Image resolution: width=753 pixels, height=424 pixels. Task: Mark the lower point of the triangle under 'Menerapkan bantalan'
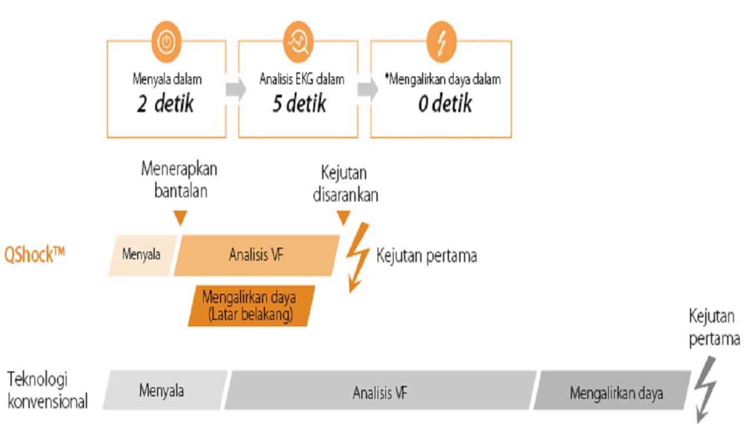point(181,225)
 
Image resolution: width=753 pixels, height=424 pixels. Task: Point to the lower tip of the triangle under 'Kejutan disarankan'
point(344,225)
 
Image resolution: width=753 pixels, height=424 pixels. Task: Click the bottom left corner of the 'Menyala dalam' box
point(107,138)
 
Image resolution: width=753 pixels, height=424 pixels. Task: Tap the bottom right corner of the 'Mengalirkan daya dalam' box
point(511,138)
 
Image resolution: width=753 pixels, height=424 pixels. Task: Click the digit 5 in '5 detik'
point(277,103)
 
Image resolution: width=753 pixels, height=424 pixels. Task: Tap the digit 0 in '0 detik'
point(423,104)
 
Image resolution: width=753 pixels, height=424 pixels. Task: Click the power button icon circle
point(166,42)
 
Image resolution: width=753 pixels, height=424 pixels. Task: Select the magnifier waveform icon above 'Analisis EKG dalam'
point(298,42)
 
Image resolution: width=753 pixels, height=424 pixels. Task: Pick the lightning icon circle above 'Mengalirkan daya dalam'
point(441,42)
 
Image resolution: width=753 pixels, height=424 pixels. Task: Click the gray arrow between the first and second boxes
point(236,89)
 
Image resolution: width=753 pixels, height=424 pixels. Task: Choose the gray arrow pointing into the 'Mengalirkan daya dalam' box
point(368,89)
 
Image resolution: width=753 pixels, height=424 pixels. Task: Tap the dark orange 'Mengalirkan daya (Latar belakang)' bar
point(251,306)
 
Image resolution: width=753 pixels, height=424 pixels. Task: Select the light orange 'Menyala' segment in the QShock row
point(142,256)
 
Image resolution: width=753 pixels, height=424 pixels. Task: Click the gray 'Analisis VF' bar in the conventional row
point(380,390)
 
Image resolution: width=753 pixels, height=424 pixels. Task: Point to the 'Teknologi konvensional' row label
point(48,390)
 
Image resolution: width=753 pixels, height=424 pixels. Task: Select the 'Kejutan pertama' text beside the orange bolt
point(427,256)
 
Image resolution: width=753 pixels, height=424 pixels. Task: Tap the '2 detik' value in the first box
point(165,103)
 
